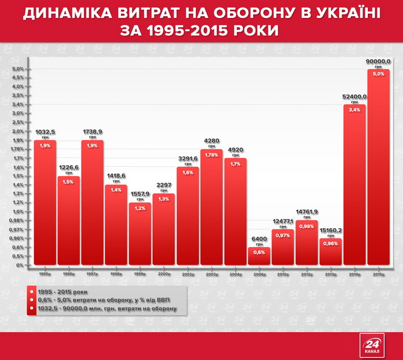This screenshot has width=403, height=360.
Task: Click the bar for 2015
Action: point(378,173)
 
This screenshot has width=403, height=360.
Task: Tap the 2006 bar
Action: point(259,256)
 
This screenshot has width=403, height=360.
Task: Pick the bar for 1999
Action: point(140,233)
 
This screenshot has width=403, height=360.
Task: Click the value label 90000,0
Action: point(378,61)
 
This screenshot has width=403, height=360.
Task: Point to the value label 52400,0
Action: point(355,97)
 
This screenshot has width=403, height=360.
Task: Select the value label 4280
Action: point(212,141)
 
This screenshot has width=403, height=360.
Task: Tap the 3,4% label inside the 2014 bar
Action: point(355,109)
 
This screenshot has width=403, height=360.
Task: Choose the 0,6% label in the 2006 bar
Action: point(259,252)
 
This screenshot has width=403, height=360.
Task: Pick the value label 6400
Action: point(259,238)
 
